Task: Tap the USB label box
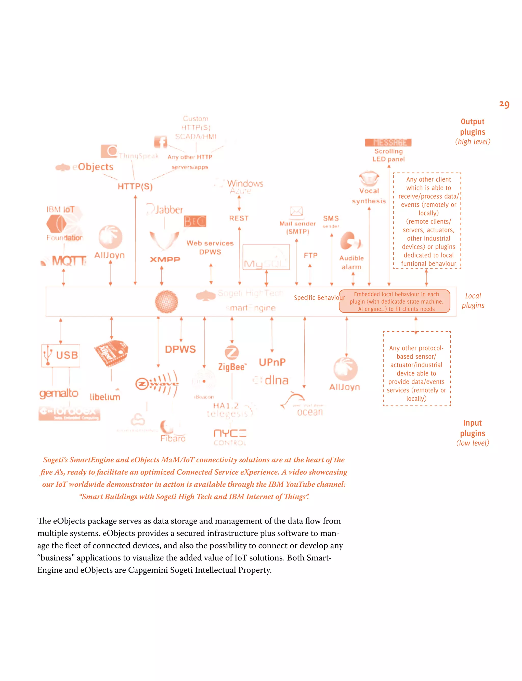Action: tap(61, 356)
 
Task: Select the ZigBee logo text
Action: tap(232, 367)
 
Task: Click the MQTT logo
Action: tap(65, 261)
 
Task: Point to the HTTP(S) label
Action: tap(135, 186)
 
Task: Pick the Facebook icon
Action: tap(160, 142)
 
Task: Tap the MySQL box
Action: tap(266, 257)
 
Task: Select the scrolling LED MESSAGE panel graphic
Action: tap(388, 142)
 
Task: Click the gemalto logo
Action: tap(59, 393)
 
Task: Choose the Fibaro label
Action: tap(173, 438)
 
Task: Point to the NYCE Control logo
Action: tap(230, 437)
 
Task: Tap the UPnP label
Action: tap(272, 362)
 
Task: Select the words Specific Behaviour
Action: tap(319, 298)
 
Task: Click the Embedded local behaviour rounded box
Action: tap(395, 301)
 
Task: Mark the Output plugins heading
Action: tap(473, 127)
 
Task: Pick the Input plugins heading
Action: tap(473, 428)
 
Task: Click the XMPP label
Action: tap(165, 259)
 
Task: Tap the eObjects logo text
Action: tap(93, 167)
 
